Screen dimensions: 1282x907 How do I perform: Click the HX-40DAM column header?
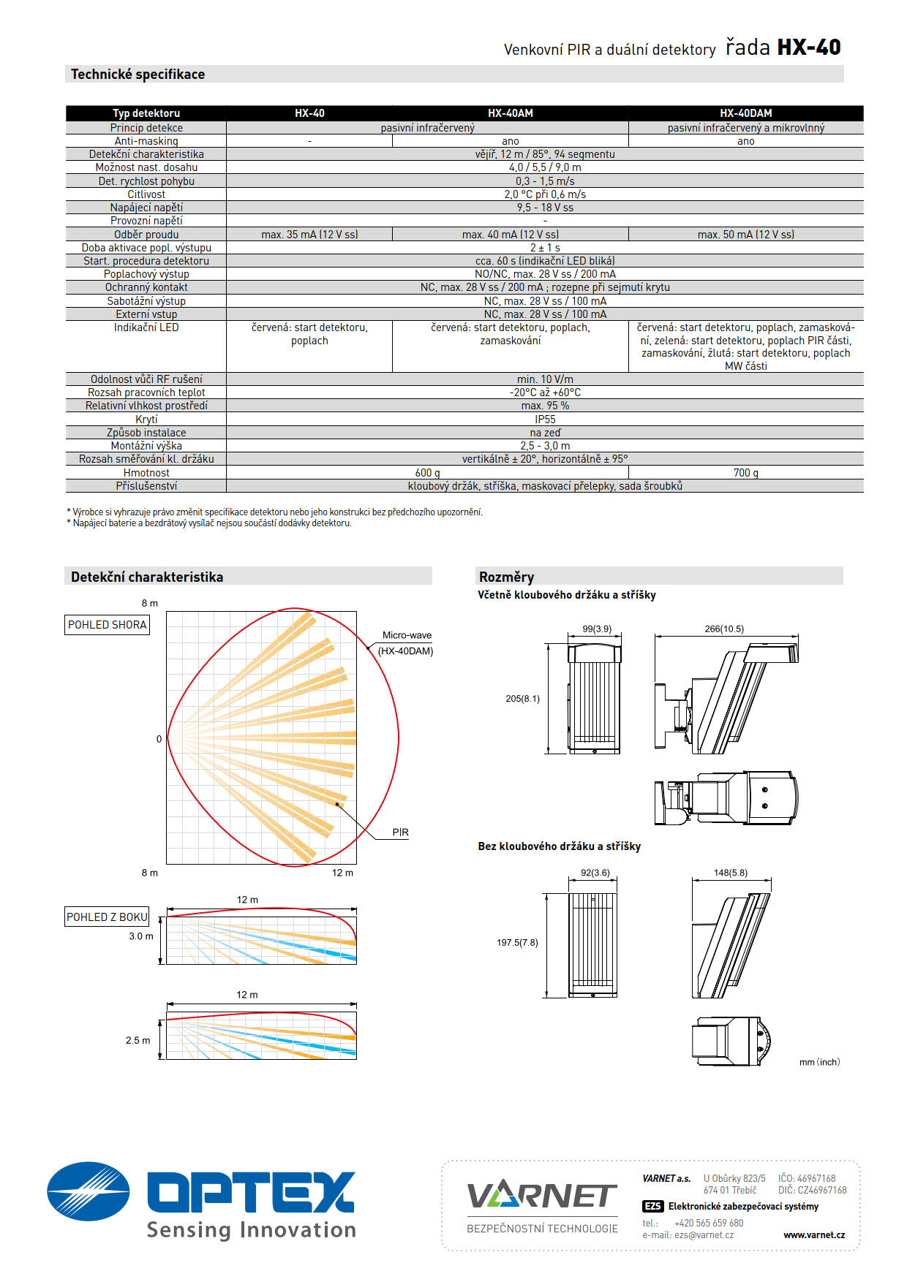pyautogui.click(x=745, y=113)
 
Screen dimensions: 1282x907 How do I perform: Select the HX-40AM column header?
pyautogui.click(x=510, y=113)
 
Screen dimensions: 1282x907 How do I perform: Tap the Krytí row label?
pyautogui.click(x=146, y=420)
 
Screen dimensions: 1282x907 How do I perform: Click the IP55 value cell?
pyautogui.click(x=545, y=420)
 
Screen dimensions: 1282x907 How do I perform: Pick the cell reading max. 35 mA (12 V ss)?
pyautogui.click(x=309, y=235)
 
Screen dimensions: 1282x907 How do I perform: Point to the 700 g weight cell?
pyautogui.click(x=745, y=473)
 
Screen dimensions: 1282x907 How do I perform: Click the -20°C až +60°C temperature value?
pyautogui.click(x=545, y=392)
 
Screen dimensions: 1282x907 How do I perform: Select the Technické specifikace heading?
pyautogui.click(x=138, y=75)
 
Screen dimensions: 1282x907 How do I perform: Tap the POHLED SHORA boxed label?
pyautogui.click(x=108, y=625)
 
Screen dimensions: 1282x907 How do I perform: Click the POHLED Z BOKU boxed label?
pyautogui.click(x=108, y=917)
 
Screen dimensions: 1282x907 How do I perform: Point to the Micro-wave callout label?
pyautogui.click(x=407, y=635)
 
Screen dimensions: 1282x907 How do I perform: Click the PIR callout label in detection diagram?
pyautogui.click(x=400, y=832)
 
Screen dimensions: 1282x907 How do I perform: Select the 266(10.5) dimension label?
pyautogui.click(x=724, y=629)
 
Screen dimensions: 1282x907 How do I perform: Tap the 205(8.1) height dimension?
pyautogui.click(x=522, y=699)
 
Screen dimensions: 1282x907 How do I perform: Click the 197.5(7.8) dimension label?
pyautogui.click(x=517, y=943)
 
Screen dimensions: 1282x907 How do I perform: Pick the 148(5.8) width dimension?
pyautogui.click(x=731, y=873)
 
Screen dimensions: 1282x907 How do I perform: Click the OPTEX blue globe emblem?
pyautogui.click(x=89, y=1191)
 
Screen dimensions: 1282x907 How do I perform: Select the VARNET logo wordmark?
pyautogui.click(x=542, y=1196)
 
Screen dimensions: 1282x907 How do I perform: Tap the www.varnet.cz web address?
pyautogui.click(x=813, y=1235)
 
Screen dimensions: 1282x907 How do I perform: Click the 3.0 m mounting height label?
pyautogui.click(x=141, y=936)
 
